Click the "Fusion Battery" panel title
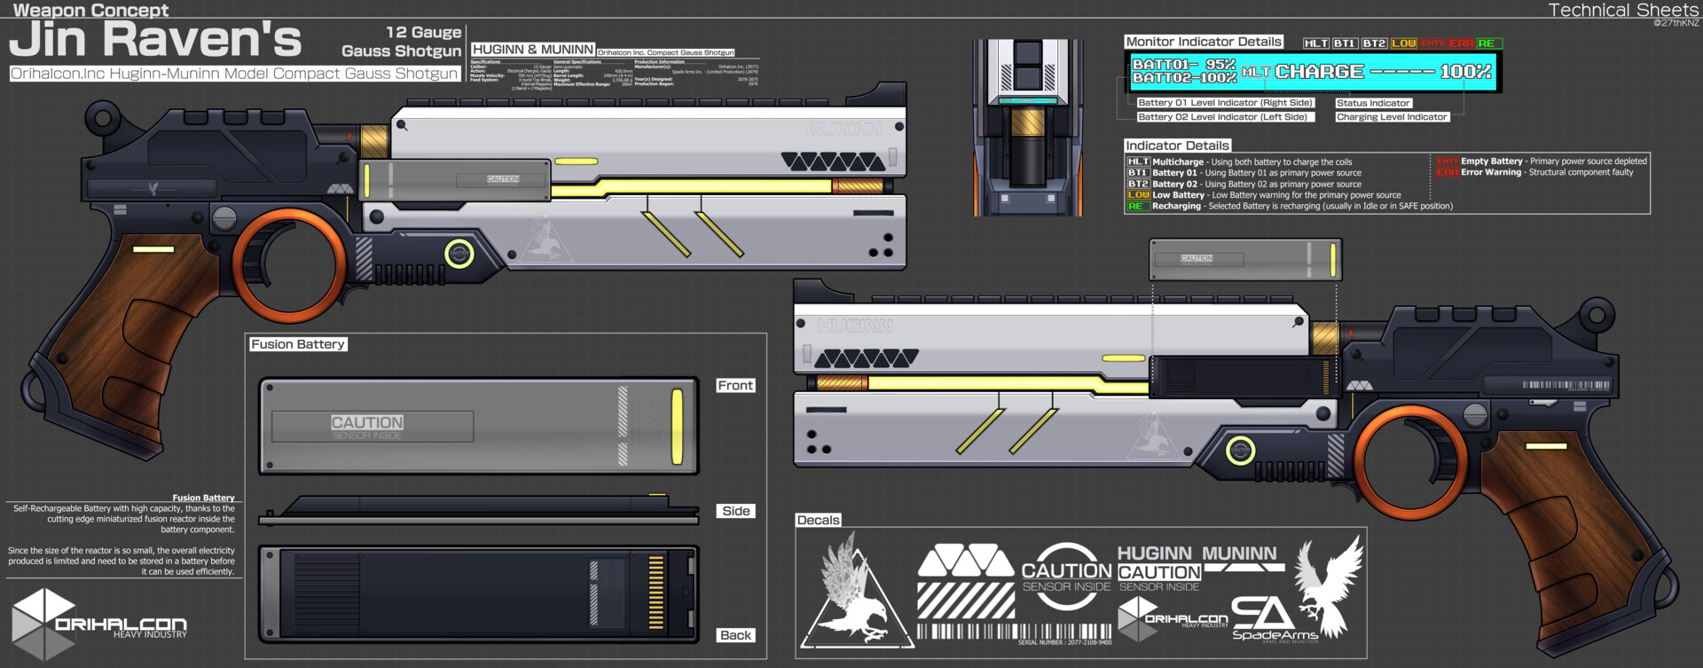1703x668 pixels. pyautogui.click(x=297, y=344)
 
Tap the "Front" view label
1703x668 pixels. pyautogui.click(x=735, y=385)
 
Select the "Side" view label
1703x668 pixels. pyautogui.click(x=735, y=511)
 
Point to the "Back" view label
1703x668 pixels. pyautogui.click(x=735, y=635)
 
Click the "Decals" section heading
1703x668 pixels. pyautogui.click(x=818, y=520)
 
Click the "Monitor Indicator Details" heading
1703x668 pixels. pyautogui.click(x=1204, y=42)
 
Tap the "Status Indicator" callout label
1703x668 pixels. pyautogui.click(x=1372, y=103)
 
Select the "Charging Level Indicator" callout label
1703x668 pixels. pyautogui.click(x=1391, y=117)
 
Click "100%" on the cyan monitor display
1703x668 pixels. pyautogui.click(x=1464, y=72)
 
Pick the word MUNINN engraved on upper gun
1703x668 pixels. pyautogui.click(x=844, y=130)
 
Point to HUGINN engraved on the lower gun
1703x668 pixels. pyautogui.click(x=855, y=326)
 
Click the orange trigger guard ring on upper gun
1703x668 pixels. pyautogui.click(x=289, y=264)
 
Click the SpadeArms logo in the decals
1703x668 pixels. pyautogui.click(x=1274, y=619)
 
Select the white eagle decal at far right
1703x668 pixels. pyautogui.click(x=1329, y=585)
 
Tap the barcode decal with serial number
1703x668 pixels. pyautogui.click(x=1013, y=633)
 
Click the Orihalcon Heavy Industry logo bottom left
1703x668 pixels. pyautogui.click(x=98, y=624)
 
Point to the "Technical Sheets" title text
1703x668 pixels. pyautogui.click(x=1622, y=10)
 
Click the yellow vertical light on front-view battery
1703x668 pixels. pyautogui.click(x=678, y=427)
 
